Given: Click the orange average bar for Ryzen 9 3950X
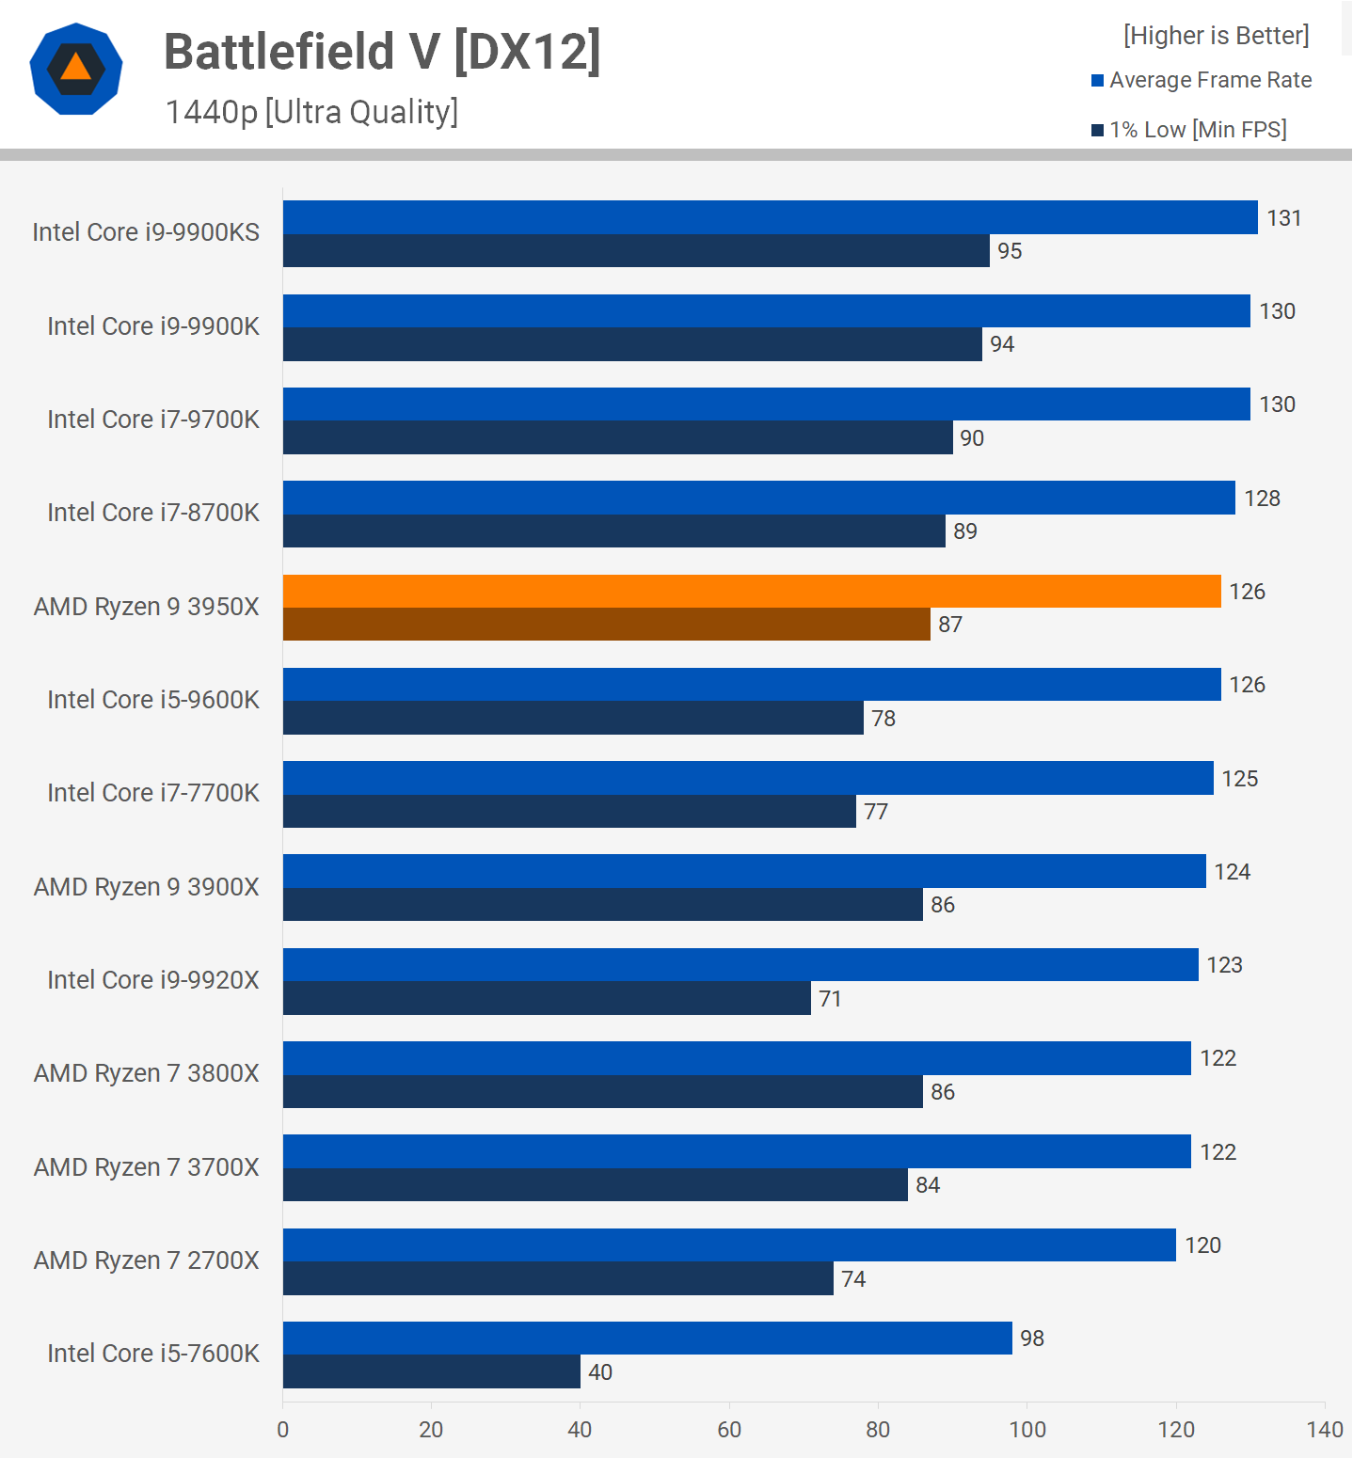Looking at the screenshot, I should click(751, 591).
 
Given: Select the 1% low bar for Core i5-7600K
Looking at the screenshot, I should click(431, 1371).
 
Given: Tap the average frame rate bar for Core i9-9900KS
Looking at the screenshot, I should click(770, 217).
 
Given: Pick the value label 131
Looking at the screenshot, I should click(1283, 218).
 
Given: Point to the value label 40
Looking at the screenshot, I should click(600, 1372).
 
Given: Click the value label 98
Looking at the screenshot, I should click(1032, 1339).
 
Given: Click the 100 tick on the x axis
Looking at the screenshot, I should click(1027, 1430).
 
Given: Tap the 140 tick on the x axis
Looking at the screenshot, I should click(1325, 1430).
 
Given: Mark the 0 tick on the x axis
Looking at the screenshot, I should click(283, 1430).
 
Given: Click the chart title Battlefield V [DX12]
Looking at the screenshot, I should click(382, 52).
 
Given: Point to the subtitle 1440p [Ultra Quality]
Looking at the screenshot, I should click(311, 112).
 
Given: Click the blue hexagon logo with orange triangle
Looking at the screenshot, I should click(76, 69).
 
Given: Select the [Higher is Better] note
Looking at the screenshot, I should click(1216, 36).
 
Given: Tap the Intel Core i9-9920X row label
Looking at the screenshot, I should click(153, 980).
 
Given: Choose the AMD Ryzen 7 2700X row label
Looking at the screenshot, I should click(147, 1260).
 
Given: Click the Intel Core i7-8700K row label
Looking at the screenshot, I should click(153, 513).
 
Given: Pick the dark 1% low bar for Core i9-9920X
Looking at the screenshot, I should click(547, 998).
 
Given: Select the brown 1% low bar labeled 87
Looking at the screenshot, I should click(606, 625).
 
